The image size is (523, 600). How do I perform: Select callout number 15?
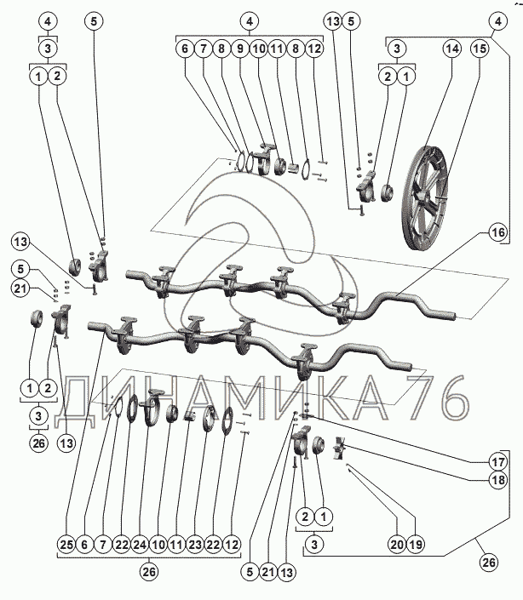pyautogui.click(x=480, y=50)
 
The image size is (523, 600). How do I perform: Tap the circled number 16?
pyautogui.click(x=497, y=231)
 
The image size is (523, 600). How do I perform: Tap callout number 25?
pyautogui.click(x=66, y=543)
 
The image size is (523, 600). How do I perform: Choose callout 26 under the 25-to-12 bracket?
pyautogui.click(x=149, y=573)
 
